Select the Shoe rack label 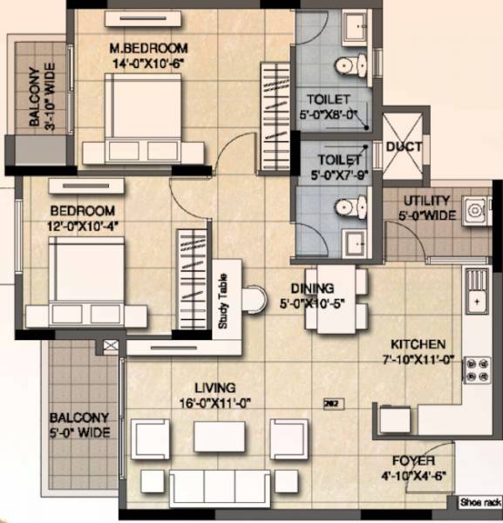[479, 502]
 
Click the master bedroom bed [144, 115]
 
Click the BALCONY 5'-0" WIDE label [79, 425]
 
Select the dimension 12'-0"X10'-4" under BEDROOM [82, 227]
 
